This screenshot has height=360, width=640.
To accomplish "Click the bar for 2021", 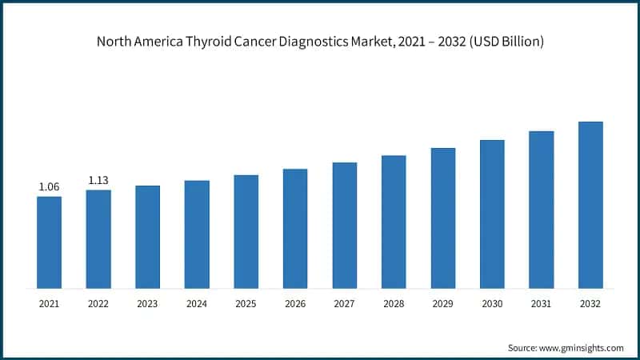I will tap(49, 242).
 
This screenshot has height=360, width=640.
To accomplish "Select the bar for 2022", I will tap(98, 239).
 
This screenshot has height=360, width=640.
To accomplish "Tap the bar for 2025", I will tap(246, 231).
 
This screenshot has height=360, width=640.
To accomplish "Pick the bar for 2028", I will tap(394, 222).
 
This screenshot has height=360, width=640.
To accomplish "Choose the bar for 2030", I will tap(492, 214).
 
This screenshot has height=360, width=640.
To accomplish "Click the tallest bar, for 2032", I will tap(590, 205).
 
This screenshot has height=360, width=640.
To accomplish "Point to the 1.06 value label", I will tap(49, 187).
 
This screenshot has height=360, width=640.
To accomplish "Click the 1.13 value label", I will tap(98, 180).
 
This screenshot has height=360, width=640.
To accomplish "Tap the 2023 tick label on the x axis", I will tap(147, 304).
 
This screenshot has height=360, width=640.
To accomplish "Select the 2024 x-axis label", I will tap(197, 304).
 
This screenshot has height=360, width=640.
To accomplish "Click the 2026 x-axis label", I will tap(295, 304).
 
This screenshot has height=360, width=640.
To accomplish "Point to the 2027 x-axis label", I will tap(345, 304).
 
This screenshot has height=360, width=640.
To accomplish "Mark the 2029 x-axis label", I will tap(443, 304).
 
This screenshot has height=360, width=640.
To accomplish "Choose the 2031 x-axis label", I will tap(542, 304).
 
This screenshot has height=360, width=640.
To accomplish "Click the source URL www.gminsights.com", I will tap(582, 348).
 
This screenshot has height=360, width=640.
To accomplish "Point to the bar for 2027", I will tap(345, 225).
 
